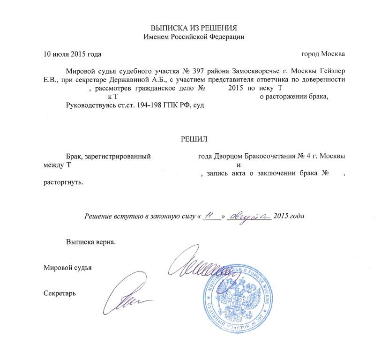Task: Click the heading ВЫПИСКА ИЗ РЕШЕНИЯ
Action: tap(194, 28)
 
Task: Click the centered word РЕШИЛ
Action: tap(194, 139)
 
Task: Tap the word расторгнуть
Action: tap(63, 182)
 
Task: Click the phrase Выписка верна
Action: tap(90, 242)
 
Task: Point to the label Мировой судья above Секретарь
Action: tap(67, 268)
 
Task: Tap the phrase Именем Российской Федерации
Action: tap(194, 36)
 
